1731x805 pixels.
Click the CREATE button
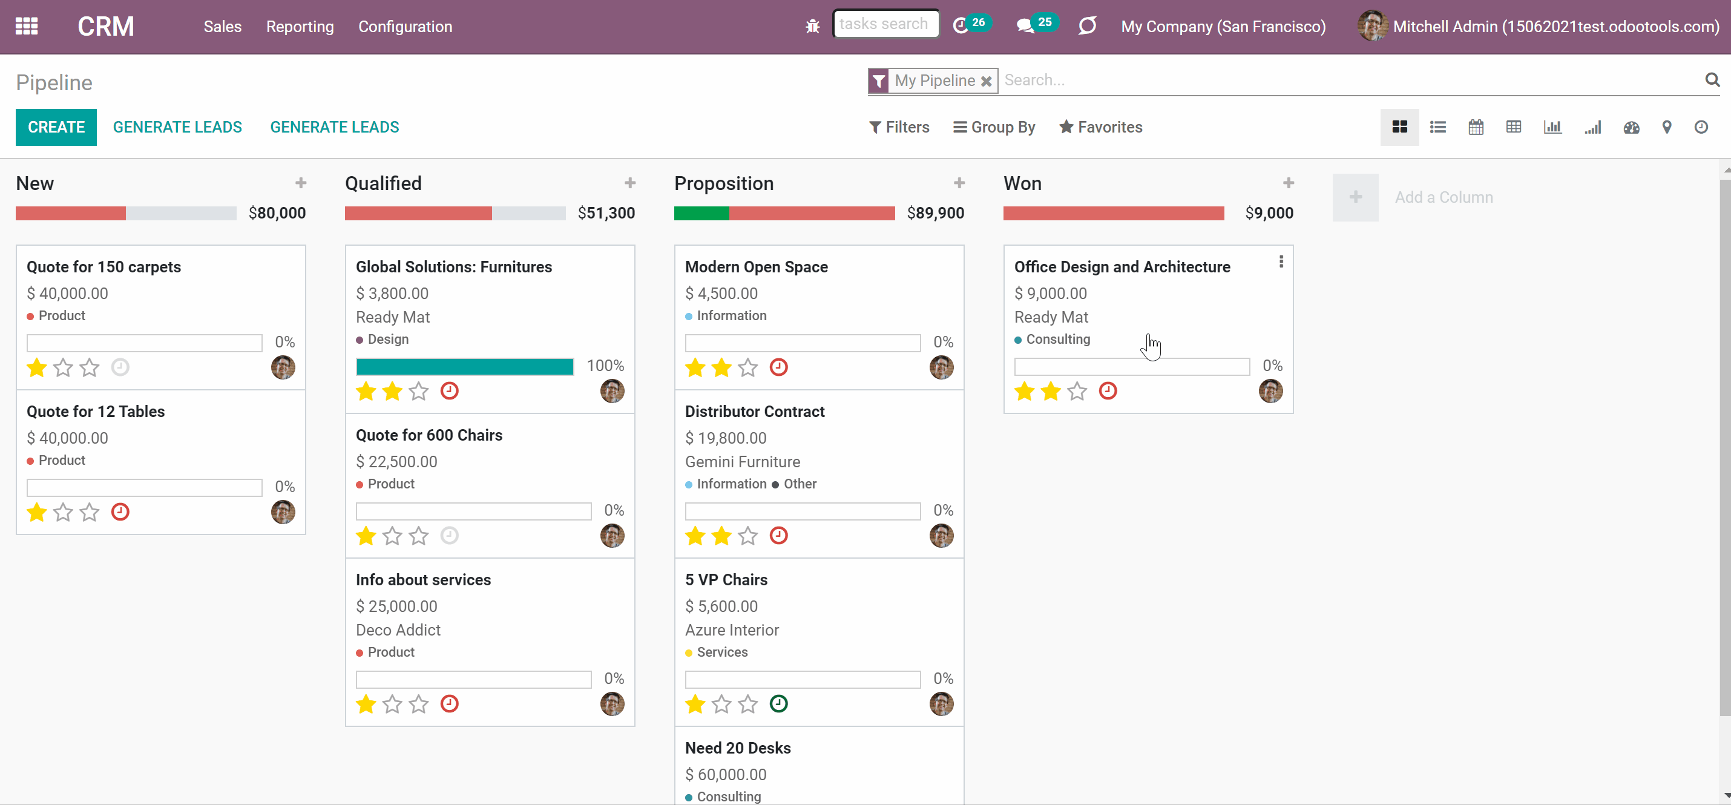tap(56, 127)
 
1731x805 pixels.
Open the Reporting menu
tap(300, 27)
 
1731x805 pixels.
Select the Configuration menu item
tap(405, 27)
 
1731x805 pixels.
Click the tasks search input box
tap(885, 24)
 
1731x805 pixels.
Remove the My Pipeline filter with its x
tap(987, 81)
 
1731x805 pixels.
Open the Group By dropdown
tap(994, 127)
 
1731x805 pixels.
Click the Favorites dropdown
tap(1101, 127)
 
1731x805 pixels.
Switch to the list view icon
tap(1438, 127)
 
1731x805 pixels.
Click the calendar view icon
tap(1476, 127)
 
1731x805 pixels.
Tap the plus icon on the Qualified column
tap(629, 183)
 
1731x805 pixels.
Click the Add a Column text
tap(1444, 197)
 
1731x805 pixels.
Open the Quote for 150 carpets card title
tap(104, 267)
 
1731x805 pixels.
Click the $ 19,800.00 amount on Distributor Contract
tap(726, 438)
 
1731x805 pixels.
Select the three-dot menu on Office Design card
tap(1281, 261)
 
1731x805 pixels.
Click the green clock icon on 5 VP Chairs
tap(779, 703)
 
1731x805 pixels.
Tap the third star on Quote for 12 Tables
tap(90, 512)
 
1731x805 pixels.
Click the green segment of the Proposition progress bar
tap(701, 214)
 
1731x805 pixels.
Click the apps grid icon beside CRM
tap(27, 26)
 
